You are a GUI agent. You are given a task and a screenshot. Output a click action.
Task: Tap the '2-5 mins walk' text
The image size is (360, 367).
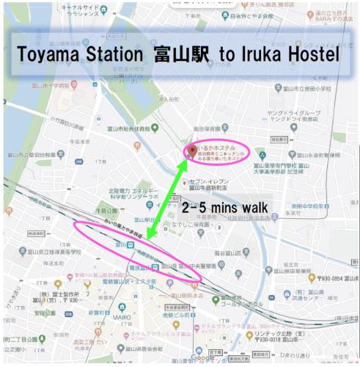click(224, 208)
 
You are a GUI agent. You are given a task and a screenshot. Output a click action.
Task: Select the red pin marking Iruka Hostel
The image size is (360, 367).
click(192, 151)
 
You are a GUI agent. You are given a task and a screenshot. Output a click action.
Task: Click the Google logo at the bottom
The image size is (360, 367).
click(202, 357)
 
